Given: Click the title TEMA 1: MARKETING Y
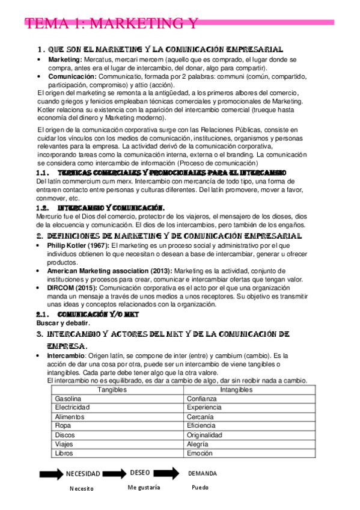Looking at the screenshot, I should pos(111,23).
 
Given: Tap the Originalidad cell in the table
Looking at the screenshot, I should pos(204,435).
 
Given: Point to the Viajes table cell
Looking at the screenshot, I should pos(64,444).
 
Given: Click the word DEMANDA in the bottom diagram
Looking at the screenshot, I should pos(203,473).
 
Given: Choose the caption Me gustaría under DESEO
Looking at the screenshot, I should pos(144,488).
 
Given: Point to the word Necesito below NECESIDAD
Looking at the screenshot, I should pos(81,489).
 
